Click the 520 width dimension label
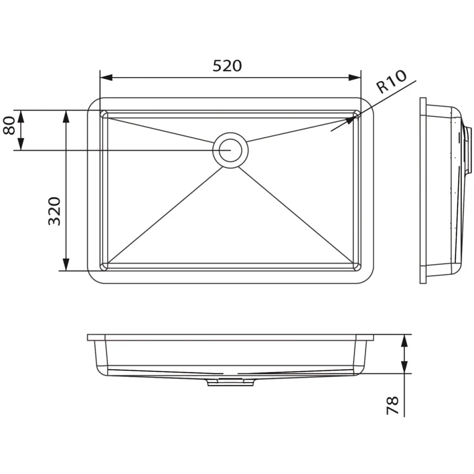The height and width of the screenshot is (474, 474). (228, 66)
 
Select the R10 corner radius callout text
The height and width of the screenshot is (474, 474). (392, 82)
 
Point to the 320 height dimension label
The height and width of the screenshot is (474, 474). (54, 211)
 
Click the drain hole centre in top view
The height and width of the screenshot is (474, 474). (230, 150)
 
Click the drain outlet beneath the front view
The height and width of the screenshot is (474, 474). (230, 382)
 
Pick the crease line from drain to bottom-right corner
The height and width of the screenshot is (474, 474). (296, 215)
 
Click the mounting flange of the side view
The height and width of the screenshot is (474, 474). (423, 190)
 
